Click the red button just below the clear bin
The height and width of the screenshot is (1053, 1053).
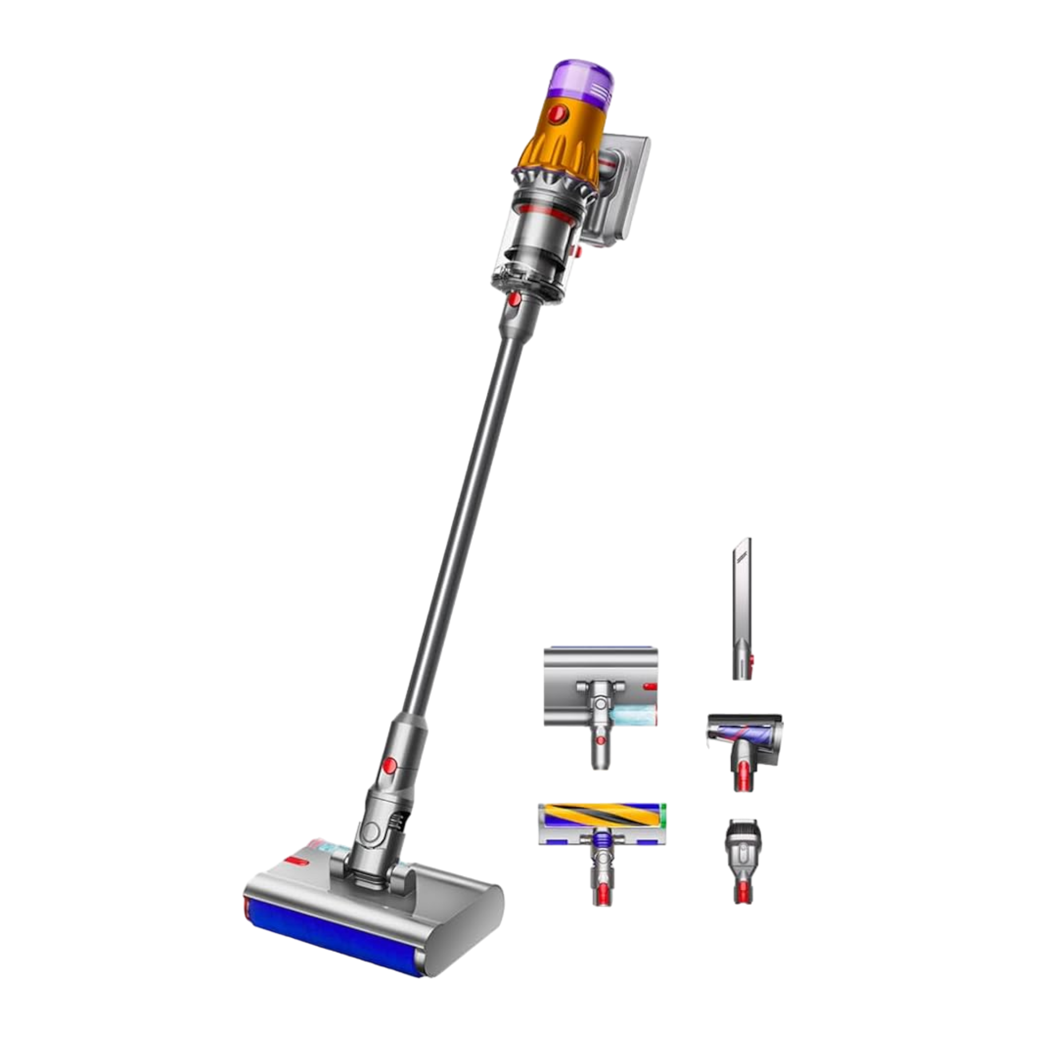click(x=513, y=301)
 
